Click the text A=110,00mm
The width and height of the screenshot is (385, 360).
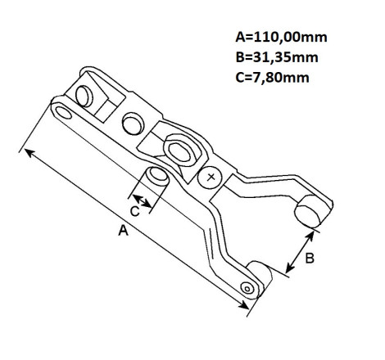pos(281,37)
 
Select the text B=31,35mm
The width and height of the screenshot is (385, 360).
pos(277,57)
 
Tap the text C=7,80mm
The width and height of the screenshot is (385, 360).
pos(272,78)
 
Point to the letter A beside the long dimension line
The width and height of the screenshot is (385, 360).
pos(123,231)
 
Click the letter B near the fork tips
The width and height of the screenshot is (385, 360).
pos(310,258)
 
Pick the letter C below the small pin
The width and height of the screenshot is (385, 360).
pos(134,211)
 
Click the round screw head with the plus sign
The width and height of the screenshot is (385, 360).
pos(210,178)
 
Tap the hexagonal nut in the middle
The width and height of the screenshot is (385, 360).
pos(179,151)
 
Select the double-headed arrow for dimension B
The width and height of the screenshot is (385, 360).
pos(300,252)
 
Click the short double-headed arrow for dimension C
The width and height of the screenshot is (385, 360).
pos(142,200)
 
